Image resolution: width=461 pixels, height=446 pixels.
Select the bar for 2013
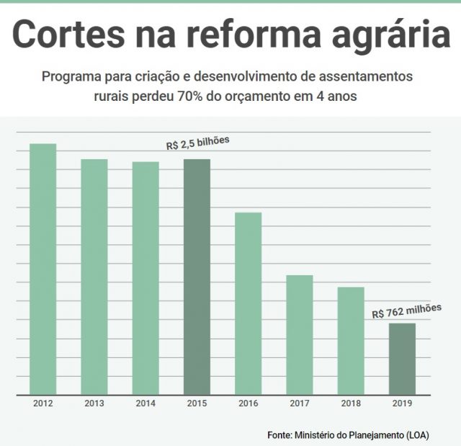tap(94, 277)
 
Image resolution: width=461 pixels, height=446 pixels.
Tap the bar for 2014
tap(146, 278)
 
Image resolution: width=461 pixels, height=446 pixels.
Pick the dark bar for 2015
tap(197, 277)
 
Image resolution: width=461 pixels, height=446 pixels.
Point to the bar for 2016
tap(248, 303)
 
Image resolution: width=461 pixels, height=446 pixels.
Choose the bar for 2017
tap(300, 335)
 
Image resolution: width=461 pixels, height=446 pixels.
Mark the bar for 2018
tap(351, 341)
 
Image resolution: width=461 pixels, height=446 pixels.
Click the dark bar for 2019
tap(402, 359)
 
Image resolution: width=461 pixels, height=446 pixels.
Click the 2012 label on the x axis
tap(42, 403)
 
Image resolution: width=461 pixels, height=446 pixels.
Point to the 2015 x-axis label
tap(197, 403)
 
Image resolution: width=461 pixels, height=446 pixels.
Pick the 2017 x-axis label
tap(300, 403)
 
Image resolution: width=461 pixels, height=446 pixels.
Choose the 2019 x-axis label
tap(402, 403)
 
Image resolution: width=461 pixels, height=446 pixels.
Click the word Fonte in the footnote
tap(279, 435)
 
